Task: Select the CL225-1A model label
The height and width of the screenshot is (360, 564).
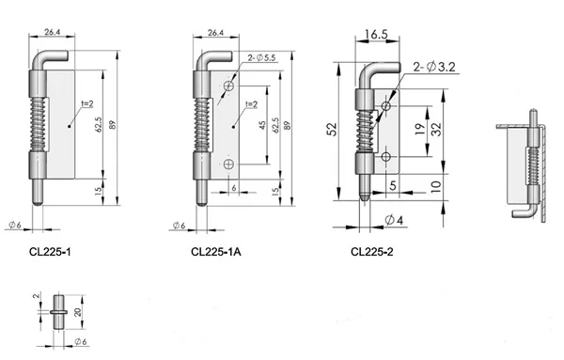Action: pyautogui.click(x=214, y=251)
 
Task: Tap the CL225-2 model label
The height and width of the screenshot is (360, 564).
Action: pyautogui.click(x=373, y=251)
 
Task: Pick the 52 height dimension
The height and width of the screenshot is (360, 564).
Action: pyautogui.click(x=330, y=132)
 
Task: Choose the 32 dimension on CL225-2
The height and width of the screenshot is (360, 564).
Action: pyautogui.click(x=436, y=130)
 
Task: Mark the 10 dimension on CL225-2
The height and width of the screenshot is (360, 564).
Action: pyautogui.click(x=436, y=185)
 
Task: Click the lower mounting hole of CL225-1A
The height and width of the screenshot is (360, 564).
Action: pyautogui.click(x=227, y=164)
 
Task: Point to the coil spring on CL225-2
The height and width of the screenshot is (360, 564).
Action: pyautogui.click(x=364, y=132)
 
